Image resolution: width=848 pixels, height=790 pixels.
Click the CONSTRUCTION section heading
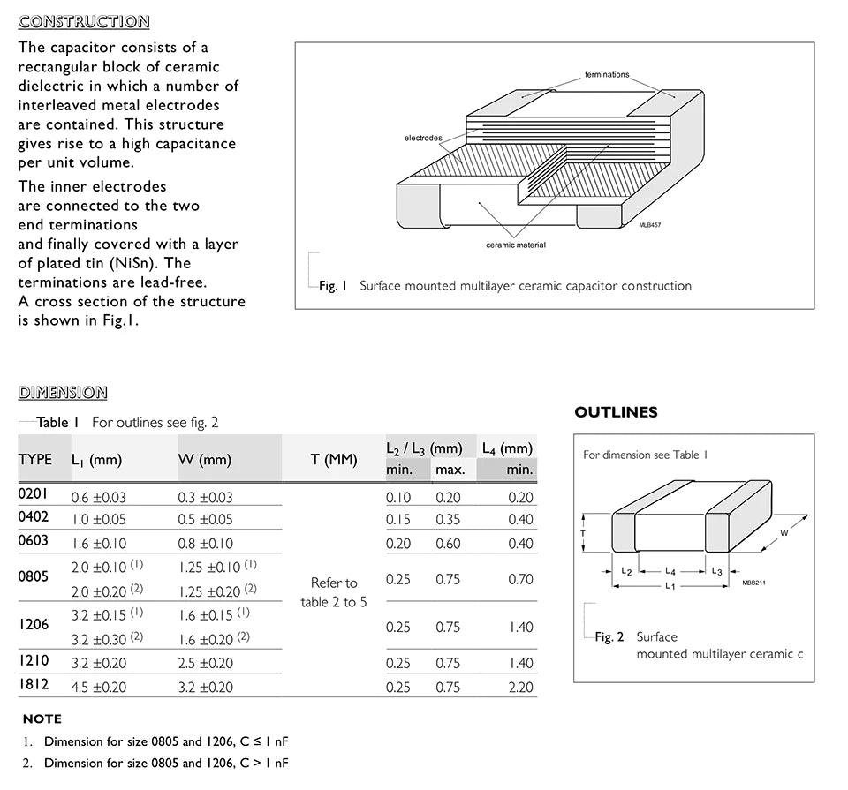(84, 22)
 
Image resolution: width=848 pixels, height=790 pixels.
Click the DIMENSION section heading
(63, 393)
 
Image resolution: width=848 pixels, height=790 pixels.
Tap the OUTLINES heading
(616, 412)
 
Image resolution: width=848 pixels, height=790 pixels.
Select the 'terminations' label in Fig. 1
(607, 75)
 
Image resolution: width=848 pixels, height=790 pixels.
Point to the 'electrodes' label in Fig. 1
(423, 139)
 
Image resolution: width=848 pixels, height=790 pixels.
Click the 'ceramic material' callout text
(516, 245)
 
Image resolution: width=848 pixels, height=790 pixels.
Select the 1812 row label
(34, 684)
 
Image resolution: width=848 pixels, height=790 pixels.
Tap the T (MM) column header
(334, 460)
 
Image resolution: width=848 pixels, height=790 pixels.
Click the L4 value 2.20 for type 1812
(520, 688)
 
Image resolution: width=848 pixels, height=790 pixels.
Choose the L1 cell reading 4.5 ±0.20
(99, 688)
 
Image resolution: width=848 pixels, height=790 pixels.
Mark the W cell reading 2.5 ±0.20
(206, 663)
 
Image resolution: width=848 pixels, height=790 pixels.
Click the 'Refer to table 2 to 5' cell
(333, 592)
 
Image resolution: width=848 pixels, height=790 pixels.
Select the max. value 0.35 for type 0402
(448, 520)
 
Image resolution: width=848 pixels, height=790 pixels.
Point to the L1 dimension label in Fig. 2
(670, 587)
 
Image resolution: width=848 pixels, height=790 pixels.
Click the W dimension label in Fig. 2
(784, 533)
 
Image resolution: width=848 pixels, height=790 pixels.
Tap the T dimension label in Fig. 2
(583, 533)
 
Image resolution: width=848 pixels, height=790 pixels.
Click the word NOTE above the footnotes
(42, 719)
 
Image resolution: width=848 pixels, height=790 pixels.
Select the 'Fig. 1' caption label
(334, 286)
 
